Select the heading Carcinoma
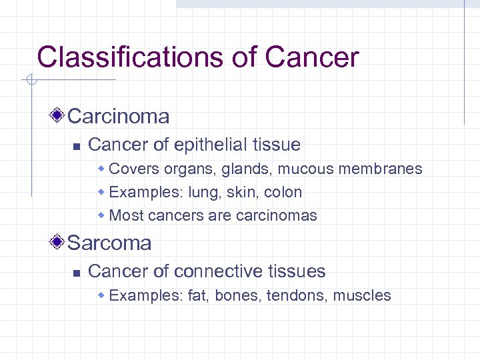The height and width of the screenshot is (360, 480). [x=119, y=117]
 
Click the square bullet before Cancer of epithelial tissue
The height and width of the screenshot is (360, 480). [x=76, y=145]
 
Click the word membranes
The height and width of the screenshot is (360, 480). [x=381, y=169]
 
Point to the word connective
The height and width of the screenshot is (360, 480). [x=219, y=271]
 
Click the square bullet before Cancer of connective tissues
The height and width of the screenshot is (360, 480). [x=76, y=272]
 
